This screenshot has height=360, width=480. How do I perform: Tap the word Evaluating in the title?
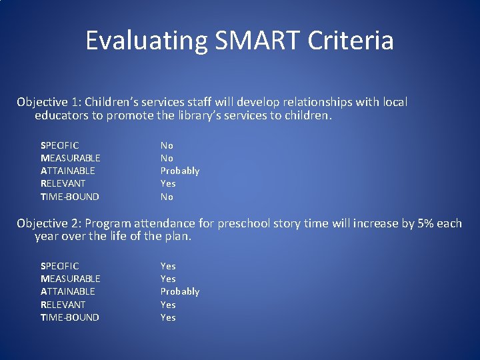pyautogui.click(x=145, y=41)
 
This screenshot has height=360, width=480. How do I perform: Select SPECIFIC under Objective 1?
pyautogui.click(x=60, y=145)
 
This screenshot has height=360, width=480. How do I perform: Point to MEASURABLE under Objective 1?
pyautogui.click(x=71, y=158)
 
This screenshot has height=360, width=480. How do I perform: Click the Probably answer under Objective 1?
pyautogui.click(x=180, y=171)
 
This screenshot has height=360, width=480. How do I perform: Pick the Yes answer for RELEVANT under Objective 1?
pyautogui.click(x=168, y=183)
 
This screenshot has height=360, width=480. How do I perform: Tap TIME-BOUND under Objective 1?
pyautogui.click(x=70, y=197)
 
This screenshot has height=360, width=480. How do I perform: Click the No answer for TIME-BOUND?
pyautogui.click(x=167, y=197)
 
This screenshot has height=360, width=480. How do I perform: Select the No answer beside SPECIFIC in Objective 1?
pyautogui.click(x=167, y=145)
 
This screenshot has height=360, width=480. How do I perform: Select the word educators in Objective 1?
pyautogui.click(x=62, y=116)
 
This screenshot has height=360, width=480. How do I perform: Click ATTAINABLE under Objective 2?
pyautogui.click(x=68, y=291)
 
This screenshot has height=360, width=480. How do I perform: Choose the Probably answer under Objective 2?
pyautogui.click(x=180, y=291)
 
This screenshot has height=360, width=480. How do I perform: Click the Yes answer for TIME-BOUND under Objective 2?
pyautogui.click(x=168, y=317)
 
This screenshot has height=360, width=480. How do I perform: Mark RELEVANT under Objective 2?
pyautogui.click(x=63, y=305)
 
